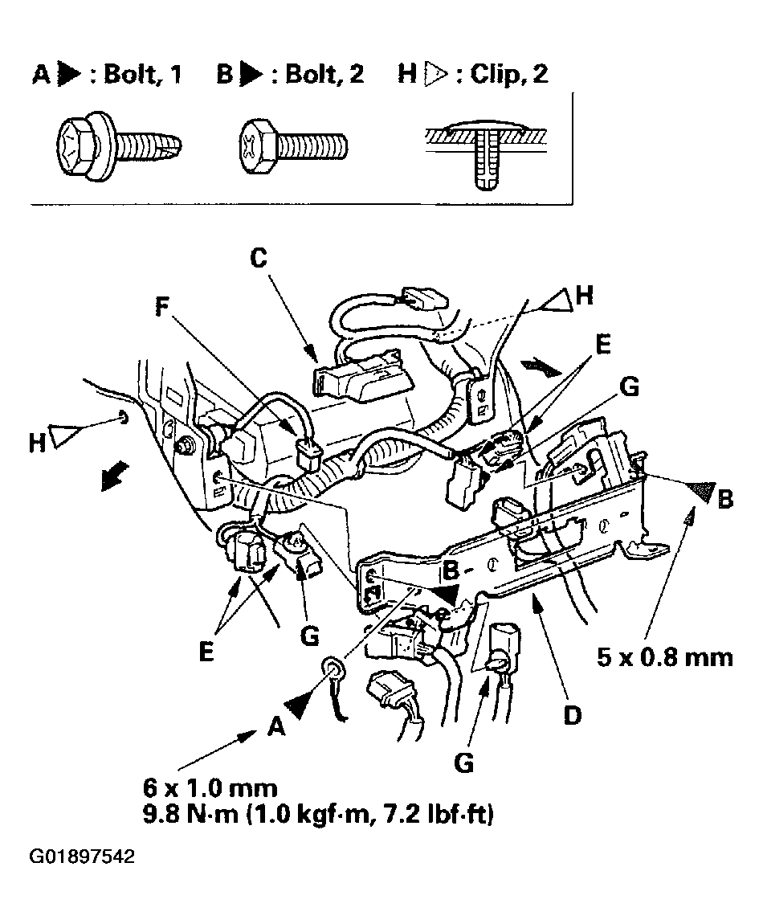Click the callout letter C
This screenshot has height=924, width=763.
tap(258, 259)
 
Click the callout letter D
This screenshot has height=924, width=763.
tap(571, 713)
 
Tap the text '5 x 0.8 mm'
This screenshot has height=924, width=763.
tap(665, 657)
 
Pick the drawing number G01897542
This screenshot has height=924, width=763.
tap(83, 857)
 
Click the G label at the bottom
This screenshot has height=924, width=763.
tap(463, 762)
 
